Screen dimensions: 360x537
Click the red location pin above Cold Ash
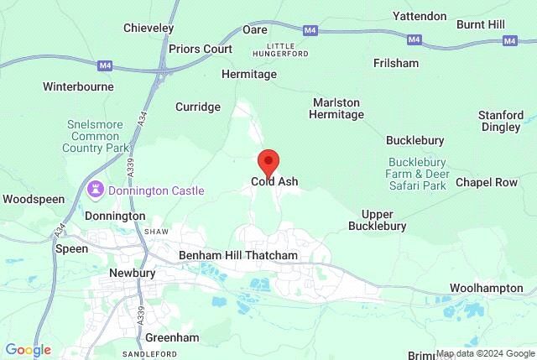pos(268,159)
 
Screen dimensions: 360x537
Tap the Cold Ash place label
pos(274,181)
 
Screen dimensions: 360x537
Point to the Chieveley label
pos(149,29)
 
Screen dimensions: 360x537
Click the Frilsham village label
pos(397,62)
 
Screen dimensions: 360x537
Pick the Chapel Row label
pos(486,182)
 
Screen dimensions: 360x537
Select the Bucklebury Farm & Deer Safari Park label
pos(418,174)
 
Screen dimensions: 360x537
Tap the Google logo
pos(28,350)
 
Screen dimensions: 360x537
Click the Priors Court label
pos(201,49)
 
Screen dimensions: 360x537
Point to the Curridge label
pos(198,107)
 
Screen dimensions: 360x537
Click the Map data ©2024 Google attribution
pos(485,353)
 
